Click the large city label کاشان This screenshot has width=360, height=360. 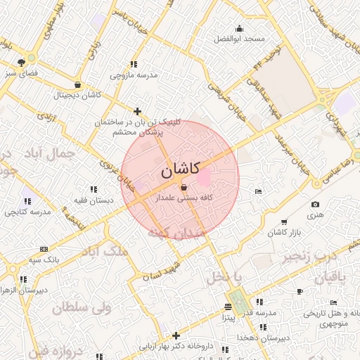[181, 169]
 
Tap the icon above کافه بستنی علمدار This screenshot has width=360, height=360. [184, 188]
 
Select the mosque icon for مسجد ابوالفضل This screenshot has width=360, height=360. [240, 29]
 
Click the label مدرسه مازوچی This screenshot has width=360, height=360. [134, 74]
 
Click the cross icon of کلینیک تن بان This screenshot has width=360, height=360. [138, 111]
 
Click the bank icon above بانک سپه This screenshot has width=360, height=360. [44, 248]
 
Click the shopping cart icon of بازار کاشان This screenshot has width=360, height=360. [283, 221]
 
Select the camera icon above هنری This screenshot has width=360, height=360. [314, 205]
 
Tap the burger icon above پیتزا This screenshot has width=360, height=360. [228, 307]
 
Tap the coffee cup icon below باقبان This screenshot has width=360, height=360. [300, 291]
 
